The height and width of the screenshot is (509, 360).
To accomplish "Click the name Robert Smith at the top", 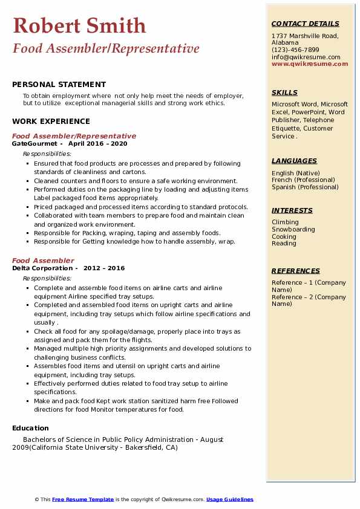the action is point(79,25).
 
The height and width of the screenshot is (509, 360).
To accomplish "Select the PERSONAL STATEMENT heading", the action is point(59,85).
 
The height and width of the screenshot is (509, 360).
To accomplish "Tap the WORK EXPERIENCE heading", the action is point(51,121).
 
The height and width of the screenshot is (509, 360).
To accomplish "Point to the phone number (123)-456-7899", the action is point(295,50).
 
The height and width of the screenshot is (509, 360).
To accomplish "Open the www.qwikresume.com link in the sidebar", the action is point(306,64).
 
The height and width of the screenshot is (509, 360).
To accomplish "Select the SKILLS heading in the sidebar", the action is point(284,92).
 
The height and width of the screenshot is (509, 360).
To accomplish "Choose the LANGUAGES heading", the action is point(294,161).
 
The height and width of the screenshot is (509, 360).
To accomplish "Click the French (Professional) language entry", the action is point(303,180).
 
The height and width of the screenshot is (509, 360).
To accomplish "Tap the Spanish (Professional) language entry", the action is point(305,187).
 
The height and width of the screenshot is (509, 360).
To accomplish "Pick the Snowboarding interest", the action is point(293,230).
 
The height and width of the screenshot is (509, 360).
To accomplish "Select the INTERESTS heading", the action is point(292,210).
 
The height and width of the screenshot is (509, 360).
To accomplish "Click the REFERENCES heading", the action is point(295,271).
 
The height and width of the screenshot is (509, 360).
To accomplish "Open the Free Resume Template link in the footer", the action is point(83,499).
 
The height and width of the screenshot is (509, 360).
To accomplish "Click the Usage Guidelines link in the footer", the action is point(229,499).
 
